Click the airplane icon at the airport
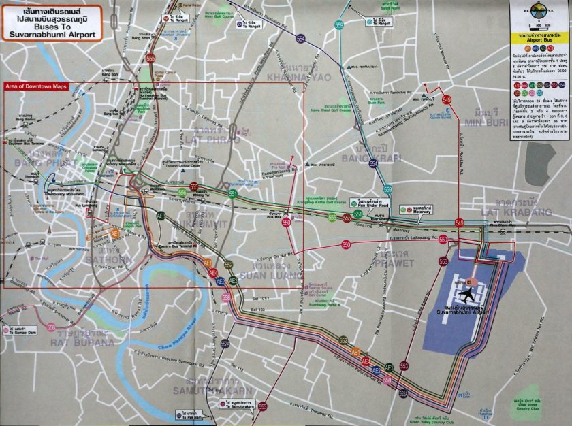click(x=468, y=295)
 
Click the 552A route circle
click(x=225, y=343)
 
